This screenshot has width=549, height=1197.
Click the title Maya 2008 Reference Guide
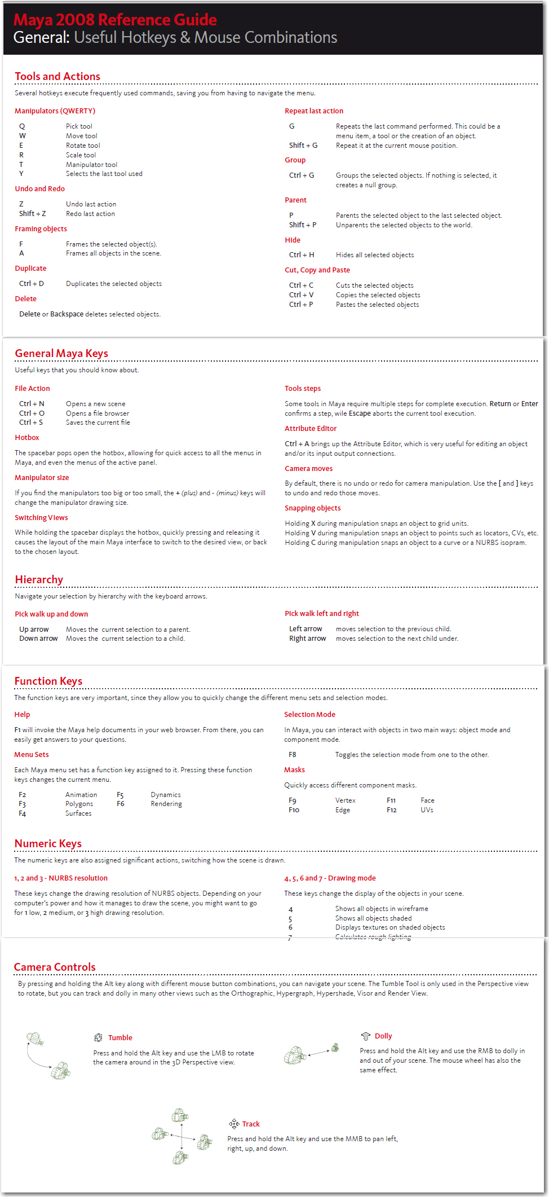click(115, 20)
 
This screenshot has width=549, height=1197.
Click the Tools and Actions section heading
click(57, 76)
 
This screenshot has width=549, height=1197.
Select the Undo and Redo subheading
click(39, 189)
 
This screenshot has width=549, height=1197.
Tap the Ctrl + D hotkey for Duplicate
click(32, 284)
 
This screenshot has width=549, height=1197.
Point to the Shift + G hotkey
click(303, 146)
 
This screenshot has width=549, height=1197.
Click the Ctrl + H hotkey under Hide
click(302, 255)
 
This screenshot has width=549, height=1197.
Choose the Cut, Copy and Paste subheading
click(317, 270)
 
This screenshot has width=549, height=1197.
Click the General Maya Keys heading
click(61, 353)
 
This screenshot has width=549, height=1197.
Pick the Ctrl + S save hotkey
click(31, 423)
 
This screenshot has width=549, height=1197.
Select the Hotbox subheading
click(27, 438)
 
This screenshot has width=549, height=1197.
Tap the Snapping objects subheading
click(313, 508)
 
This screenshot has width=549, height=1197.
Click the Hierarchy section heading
click(39, 579)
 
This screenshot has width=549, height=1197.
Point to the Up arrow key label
click(34, 630)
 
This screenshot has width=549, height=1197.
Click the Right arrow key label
click(308, 639)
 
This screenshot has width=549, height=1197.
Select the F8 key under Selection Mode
click(293, 755)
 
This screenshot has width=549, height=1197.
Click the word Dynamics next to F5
click(166, 795)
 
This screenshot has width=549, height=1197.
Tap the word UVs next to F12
click(427, 810)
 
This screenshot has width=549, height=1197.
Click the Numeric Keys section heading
click(48, 843)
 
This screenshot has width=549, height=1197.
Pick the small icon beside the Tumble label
click(98, 1037)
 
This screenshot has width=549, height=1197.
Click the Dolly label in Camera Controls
click(383, 1036)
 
